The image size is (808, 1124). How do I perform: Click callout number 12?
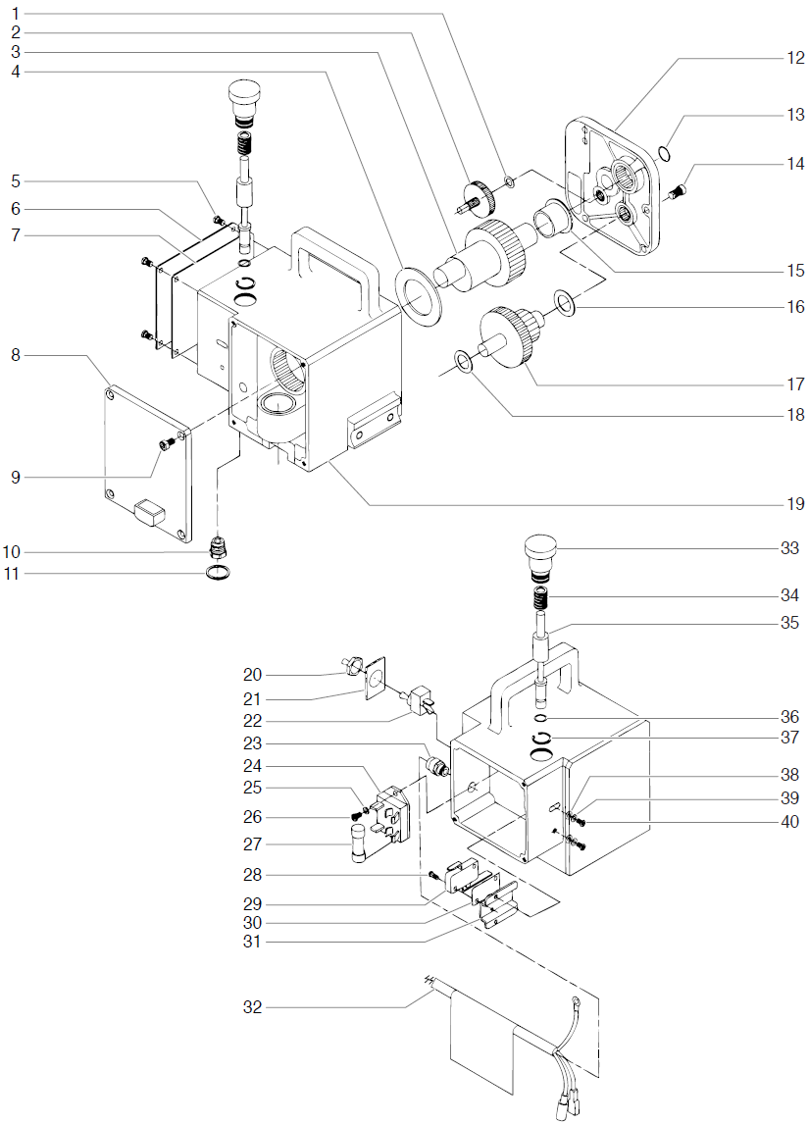click(794, 57)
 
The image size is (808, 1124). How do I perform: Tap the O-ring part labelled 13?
click(664, 152)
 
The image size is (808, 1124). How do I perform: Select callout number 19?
click(794, 504)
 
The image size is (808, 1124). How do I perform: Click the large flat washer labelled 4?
click(419, 291)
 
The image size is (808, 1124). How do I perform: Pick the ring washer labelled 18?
click(465, 360)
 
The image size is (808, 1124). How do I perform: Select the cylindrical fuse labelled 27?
click(360, 843)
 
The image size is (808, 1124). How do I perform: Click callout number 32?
click(253, 1007)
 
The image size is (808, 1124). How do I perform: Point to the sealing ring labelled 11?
click(222, 572)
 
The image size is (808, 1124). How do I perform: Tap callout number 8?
click(16, 356)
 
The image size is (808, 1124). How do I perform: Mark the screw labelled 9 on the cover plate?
click(167, 445)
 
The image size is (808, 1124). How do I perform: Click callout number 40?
click(790, 821)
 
